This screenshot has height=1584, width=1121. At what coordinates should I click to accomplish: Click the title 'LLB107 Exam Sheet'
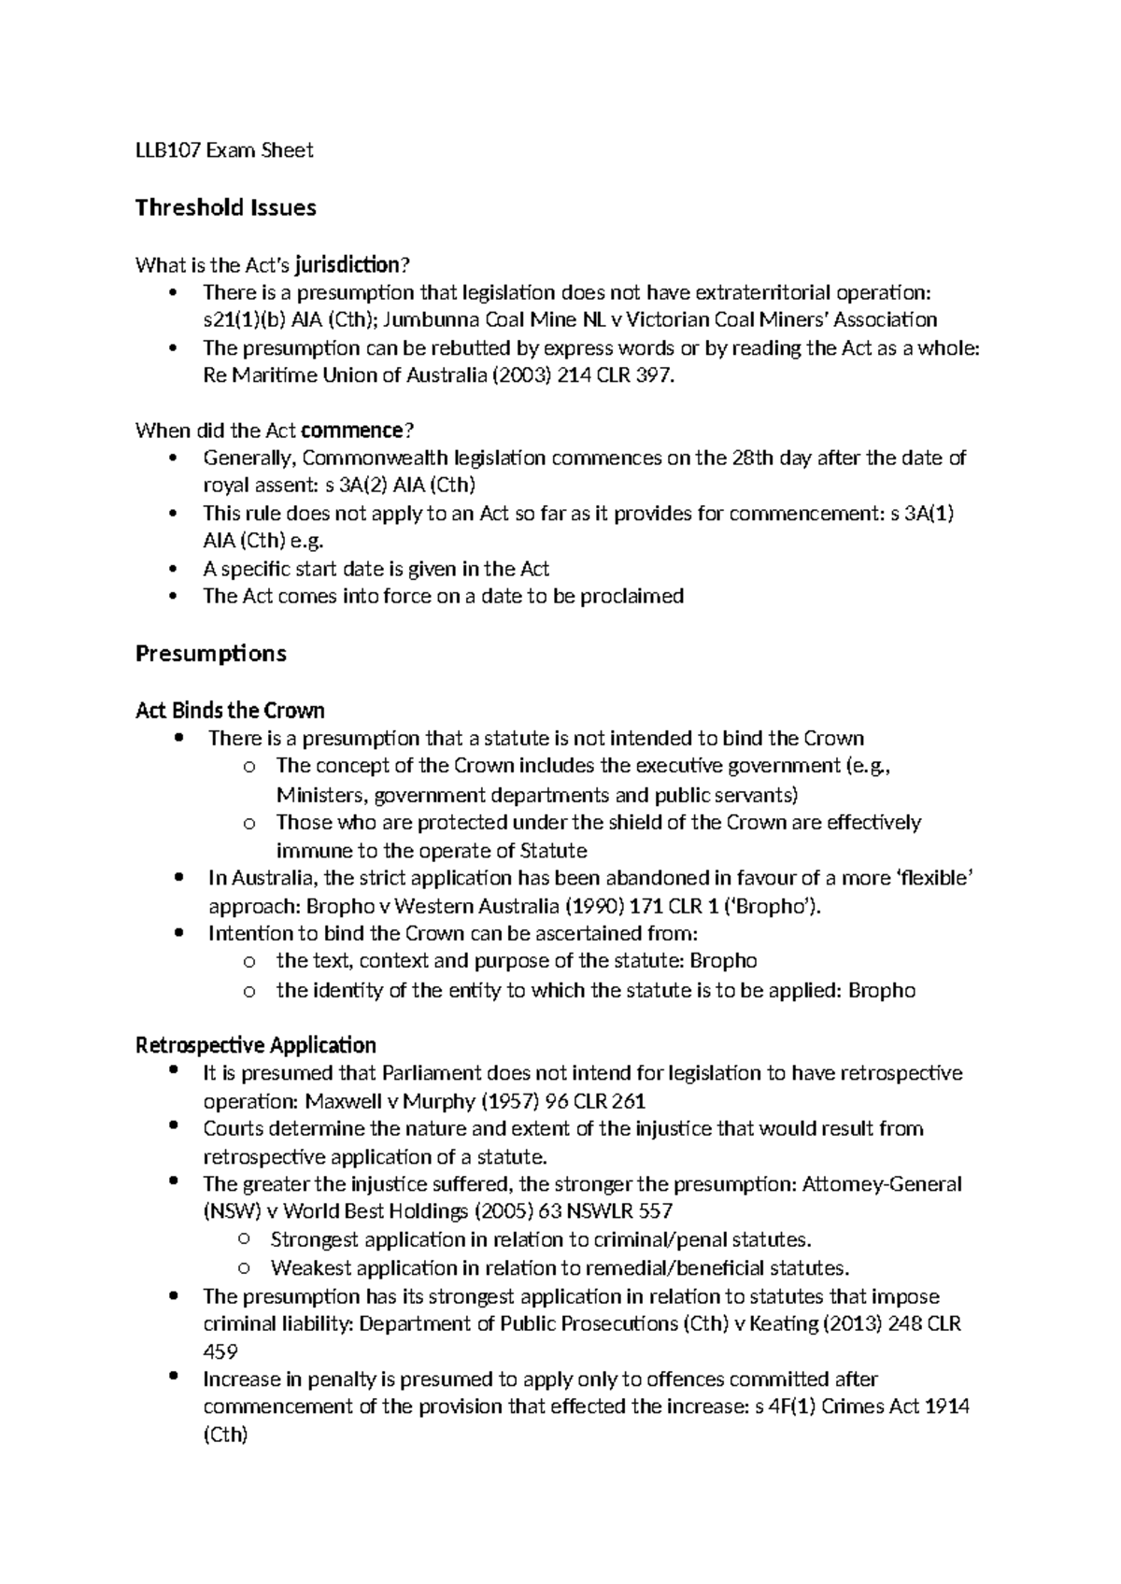point(224,150)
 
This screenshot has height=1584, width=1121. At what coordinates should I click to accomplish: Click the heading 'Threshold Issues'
point(225,207)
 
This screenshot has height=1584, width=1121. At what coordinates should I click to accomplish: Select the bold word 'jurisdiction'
point(347,265)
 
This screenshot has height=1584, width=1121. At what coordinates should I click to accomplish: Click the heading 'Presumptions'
point(210,653)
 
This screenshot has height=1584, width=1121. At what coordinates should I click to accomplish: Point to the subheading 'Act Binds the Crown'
point(230,711)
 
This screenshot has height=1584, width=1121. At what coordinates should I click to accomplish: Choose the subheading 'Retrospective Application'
point(255,1044)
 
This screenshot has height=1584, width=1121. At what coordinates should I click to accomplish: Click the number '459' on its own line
point(220,1351)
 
